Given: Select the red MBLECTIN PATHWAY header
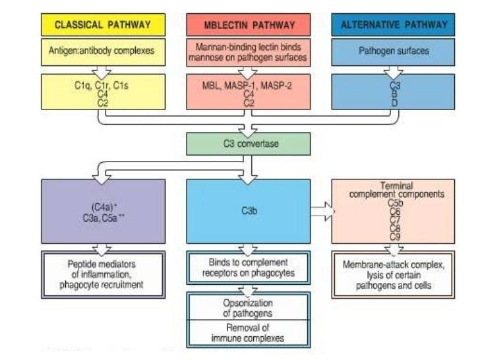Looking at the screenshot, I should click(x=249, y=26).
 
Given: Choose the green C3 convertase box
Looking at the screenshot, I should click(x=249, y=144).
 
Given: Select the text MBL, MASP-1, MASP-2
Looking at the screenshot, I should click(x=249, y=84).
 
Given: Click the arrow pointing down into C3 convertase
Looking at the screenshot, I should click(x=249, y=127).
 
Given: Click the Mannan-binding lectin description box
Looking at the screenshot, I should click(x=249, y=50).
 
